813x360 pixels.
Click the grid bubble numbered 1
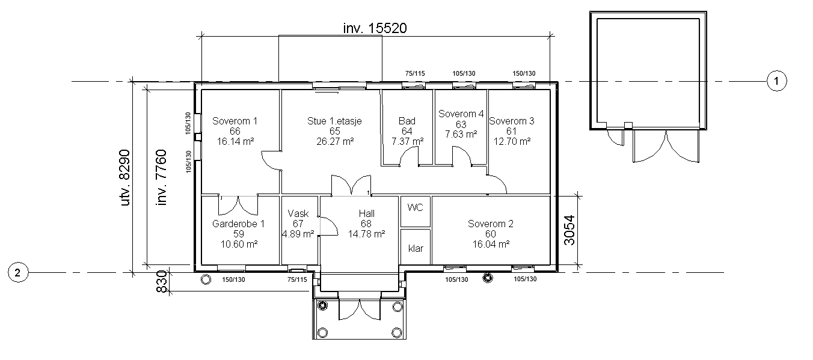click(x=777, y=81)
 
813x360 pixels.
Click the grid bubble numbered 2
click(x=18, y=272)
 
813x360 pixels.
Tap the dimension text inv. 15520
click(x=375, y=28)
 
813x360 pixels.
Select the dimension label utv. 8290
click(x=125, y=178)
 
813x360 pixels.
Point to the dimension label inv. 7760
click(x=161, y=178)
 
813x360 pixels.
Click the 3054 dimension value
click(x=570, y=230)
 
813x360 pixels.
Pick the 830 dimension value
click(x=162, y=282)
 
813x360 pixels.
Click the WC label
click(x=415, y=207)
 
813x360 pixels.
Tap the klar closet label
click(x=416, y=249)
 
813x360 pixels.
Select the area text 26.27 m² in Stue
click(x=335, y=141)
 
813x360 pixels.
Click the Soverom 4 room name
click(x=461, y=114)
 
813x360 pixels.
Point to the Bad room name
click(x=407, y=121)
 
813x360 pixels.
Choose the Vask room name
click(x=298, y=213)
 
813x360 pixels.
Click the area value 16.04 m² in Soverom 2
click(x=491, y=244)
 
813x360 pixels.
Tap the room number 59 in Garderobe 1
click(x=239, y=234)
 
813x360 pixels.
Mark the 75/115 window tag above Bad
click(x=415, y=73)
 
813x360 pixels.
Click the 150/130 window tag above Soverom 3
click(x=524, y=73)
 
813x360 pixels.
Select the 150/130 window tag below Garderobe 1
click(x=233, y=279)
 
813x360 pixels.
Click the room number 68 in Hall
click(x=366, y=224)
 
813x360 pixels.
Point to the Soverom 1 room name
click(x=235, y=121)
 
